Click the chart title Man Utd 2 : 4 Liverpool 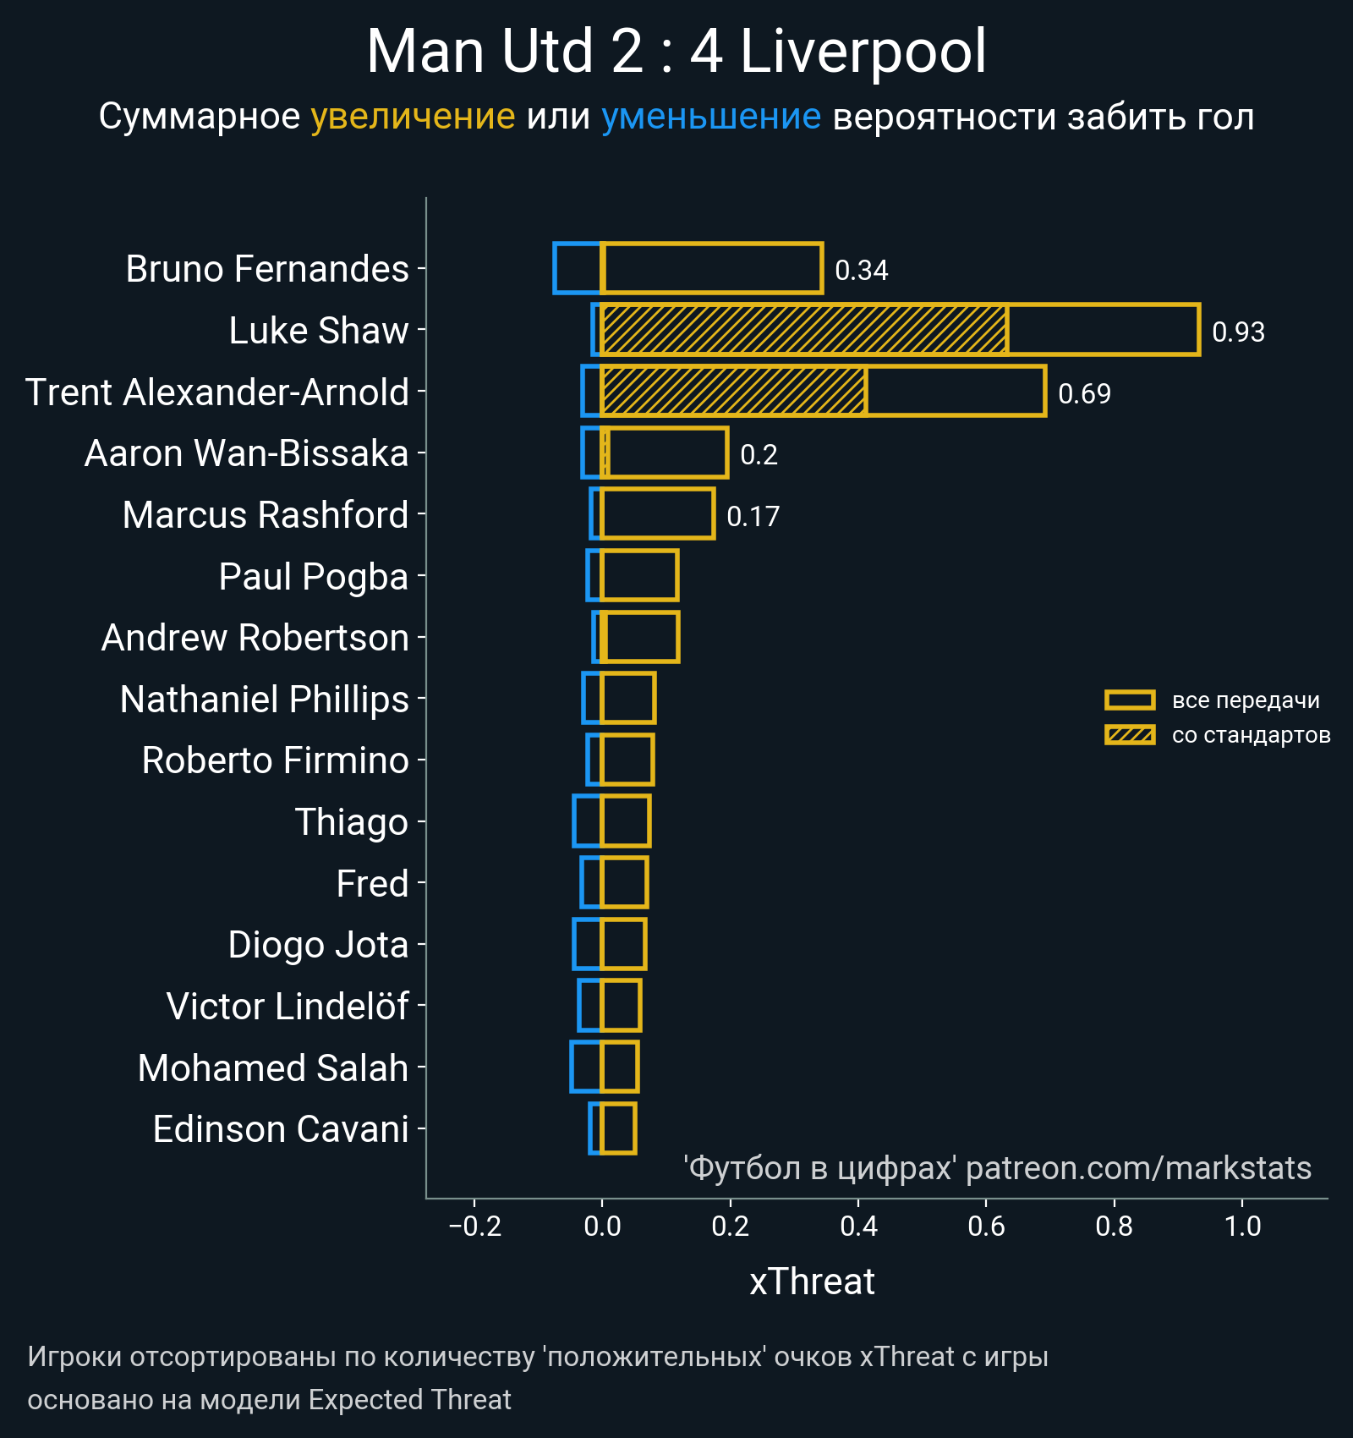click(676, 52)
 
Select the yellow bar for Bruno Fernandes click(711, 269)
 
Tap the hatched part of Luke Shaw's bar click(803, 330)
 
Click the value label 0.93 click(1238, 332)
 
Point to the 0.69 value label click(1084, 393)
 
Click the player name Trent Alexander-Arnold click(217, 392)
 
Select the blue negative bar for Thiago click(587, 821)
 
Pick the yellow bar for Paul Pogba click(639, 576)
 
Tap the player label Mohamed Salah click(272, 1068)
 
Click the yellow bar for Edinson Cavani click(618, 1129)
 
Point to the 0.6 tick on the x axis click(986, 1226)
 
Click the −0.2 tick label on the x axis click(474, 1226)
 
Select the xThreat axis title click(812, 1282)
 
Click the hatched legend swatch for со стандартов click(1130, 735)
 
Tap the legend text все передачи click(1246, 700)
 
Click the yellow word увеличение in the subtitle click(413, 117)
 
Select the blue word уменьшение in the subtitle click(710, 117)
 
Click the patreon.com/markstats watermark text click(1138, 1168)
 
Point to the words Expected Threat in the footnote click(409, 1400)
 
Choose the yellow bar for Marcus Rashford click(657, 514)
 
